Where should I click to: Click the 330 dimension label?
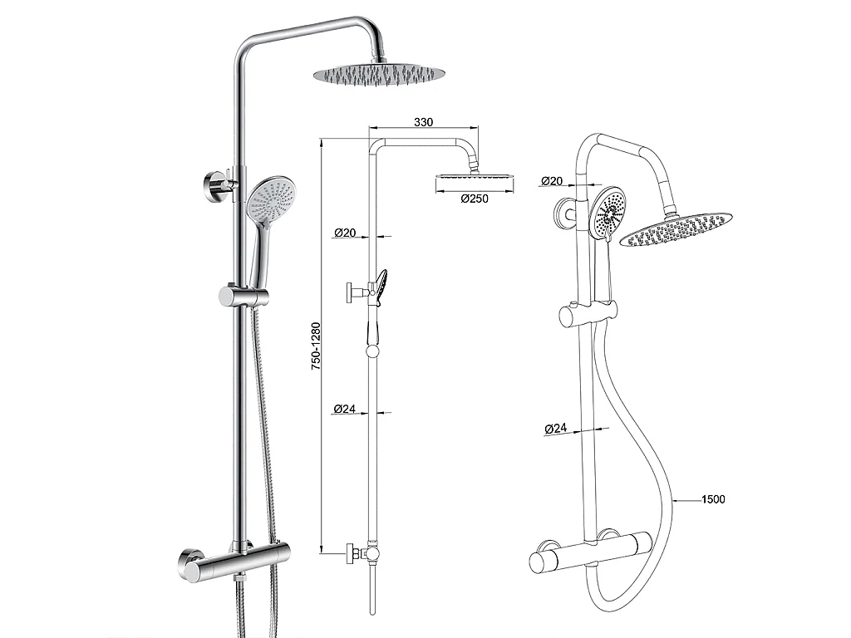[424, 122]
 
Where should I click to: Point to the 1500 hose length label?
[713, 499]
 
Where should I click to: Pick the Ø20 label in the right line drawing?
[551, 180]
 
